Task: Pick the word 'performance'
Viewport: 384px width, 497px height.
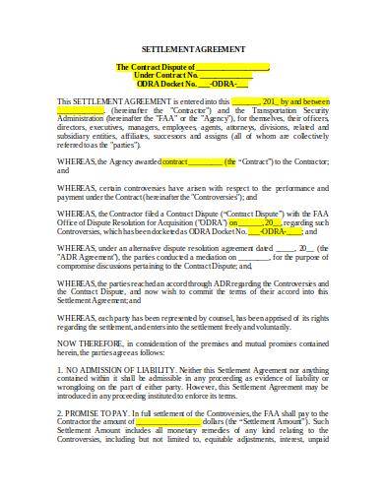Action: click(301, 189)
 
